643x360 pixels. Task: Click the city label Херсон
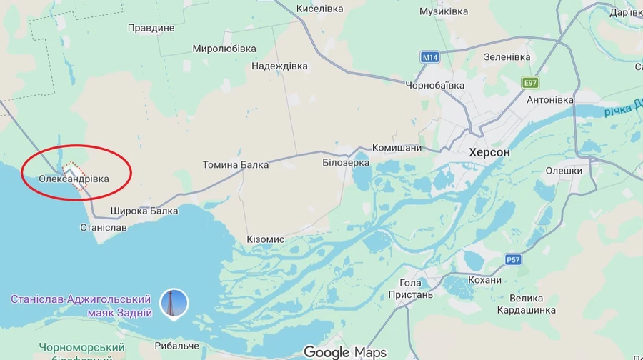489,152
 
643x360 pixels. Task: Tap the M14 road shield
430,57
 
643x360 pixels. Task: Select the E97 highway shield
529,83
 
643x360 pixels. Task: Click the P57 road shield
513,259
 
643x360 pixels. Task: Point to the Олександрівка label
74,179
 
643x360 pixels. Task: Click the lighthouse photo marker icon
174,303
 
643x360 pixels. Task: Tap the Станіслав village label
104,227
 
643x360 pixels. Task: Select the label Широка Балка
144,211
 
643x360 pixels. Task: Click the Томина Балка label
236,165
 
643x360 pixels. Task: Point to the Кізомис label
265,239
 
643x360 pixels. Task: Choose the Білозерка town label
346,162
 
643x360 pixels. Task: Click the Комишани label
397,148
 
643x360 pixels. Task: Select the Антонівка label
550,100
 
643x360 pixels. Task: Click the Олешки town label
564,171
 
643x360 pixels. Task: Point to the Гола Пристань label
411,289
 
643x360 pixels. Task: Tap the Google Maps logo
345,352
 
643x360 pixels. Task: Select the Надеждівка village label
279,66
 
